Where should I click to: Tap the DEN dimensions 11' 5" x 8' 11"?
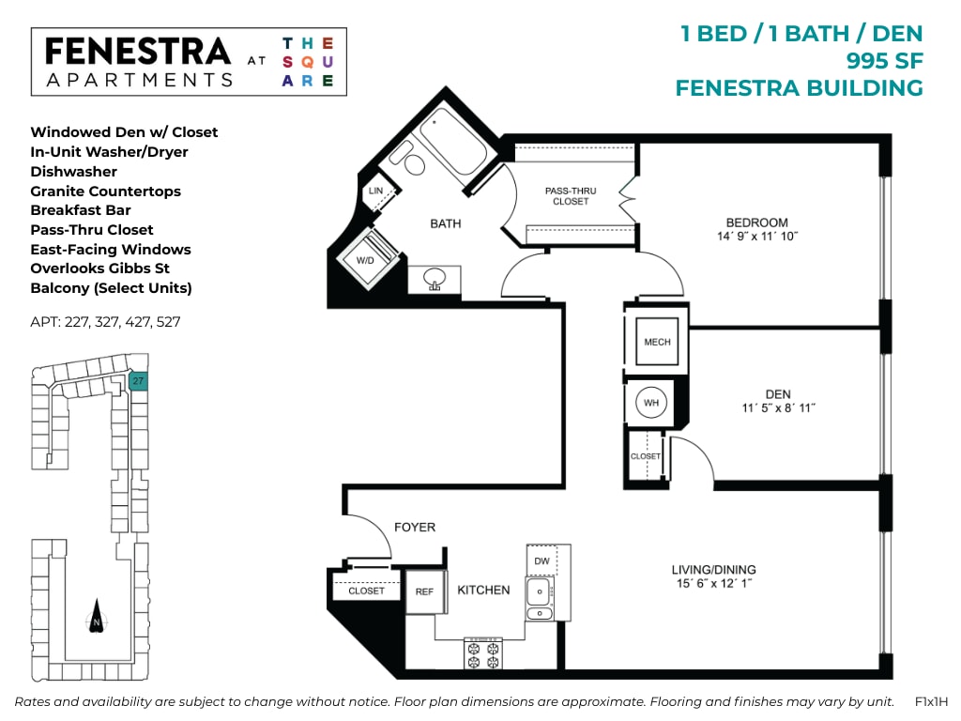tap(778, 408)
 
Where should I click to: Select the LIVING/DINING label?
tap(713, 569)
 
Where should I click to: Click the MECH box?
tap(657, 342)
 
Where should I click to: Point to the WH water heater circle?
tap(651, 404)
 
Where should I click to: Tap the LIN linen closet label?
tap(376, 191)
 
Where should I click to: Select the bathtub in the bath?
tap(450, 141)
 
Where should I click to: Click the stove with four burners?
tap(482, 653)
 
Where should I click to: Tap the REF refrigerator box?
tap(424, 591)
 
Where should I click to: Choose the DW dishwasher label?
tap(542, 560)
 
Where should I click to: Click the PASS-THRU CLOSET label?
tap(571, 196)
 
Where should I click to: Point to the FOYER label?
tap(415, 528)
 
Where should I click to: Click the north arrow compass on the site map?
tap(96, 619)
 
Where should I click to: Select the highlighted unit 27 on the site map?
tap(138, 381)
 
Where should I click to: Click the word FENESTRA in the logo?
tap(137, 52)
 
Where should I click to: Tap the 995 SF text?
tap(884, 61)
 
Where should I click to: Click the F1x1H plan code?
tap(931, 701)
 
